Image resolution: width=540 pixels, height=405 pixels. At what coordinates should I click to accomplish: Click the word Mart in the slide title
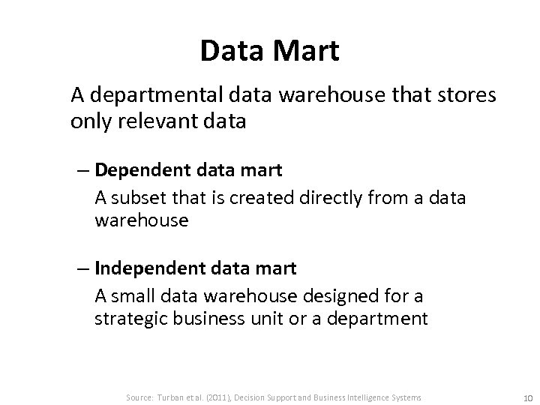tap(309, 51)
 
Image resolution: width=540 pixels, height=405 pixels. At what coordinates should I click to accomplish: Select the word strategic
tap(132, 319)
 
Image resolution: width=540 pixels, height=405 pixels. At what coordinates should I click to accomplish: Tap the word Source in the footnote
tap(140, 397)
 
